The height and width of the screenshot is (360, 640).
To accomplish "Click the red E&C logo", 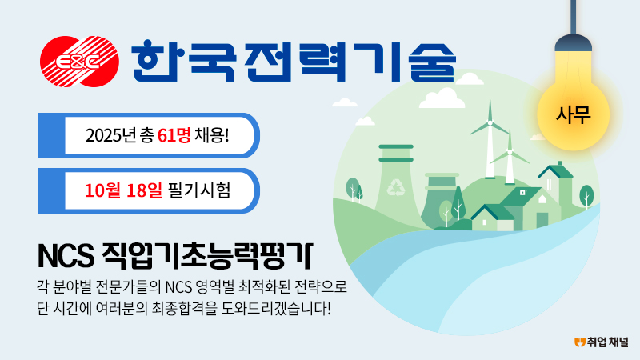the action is [79, 62].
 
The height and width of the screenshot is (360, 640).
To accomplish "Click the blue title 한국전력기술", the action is [294, 61].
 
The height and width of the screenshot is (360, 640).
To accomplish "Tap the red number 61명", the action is [174, 135].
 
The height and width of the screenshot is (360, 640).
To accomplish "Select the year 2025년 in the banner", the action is [110, 135].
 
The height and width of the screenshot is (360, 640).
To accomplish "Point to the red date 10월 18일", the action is [123, 190].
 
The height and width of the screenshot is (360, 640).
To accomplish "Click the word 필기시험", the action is [199, 190].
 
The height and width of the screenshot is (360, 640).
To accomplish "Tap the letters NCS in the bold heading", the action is [66, 256].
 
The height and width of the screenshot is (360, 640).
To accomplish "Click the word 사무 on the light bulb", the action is [573, 114].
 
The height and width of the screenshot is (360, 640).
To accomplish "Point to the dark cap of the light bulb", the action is [573, 43].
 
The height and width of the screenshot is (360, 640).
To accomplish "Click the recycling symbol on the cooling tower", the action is [394, 188].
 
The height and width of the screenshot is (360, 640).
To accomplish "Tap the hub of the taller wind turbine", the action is [490, 123].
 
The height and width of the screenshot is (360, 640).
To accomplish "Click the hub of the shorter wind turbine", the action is [509, 153].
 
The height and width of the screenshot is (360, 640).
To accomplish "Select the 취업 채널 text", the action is [608, 342].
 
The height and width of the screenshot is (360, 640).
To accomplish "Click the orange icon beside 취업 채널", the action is [579, 342].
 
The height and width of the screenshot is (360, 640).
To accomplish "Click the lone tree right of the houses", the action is [586, 196].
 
